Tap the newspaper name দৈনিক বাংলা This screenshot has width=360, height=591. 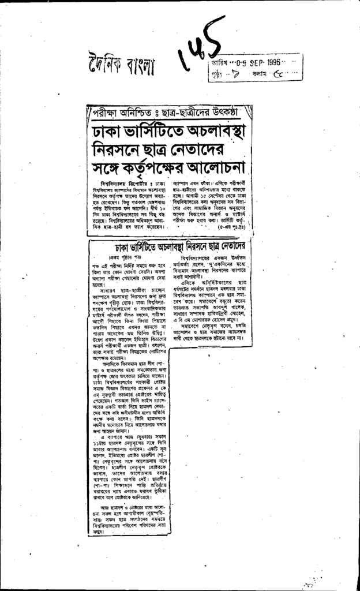[x=122, y=65]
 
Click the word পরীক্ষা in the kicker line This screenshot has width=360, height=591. [x=107, y=111]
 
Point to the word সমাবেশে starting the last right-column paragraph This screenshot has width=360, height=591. [x=194, y=326]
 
